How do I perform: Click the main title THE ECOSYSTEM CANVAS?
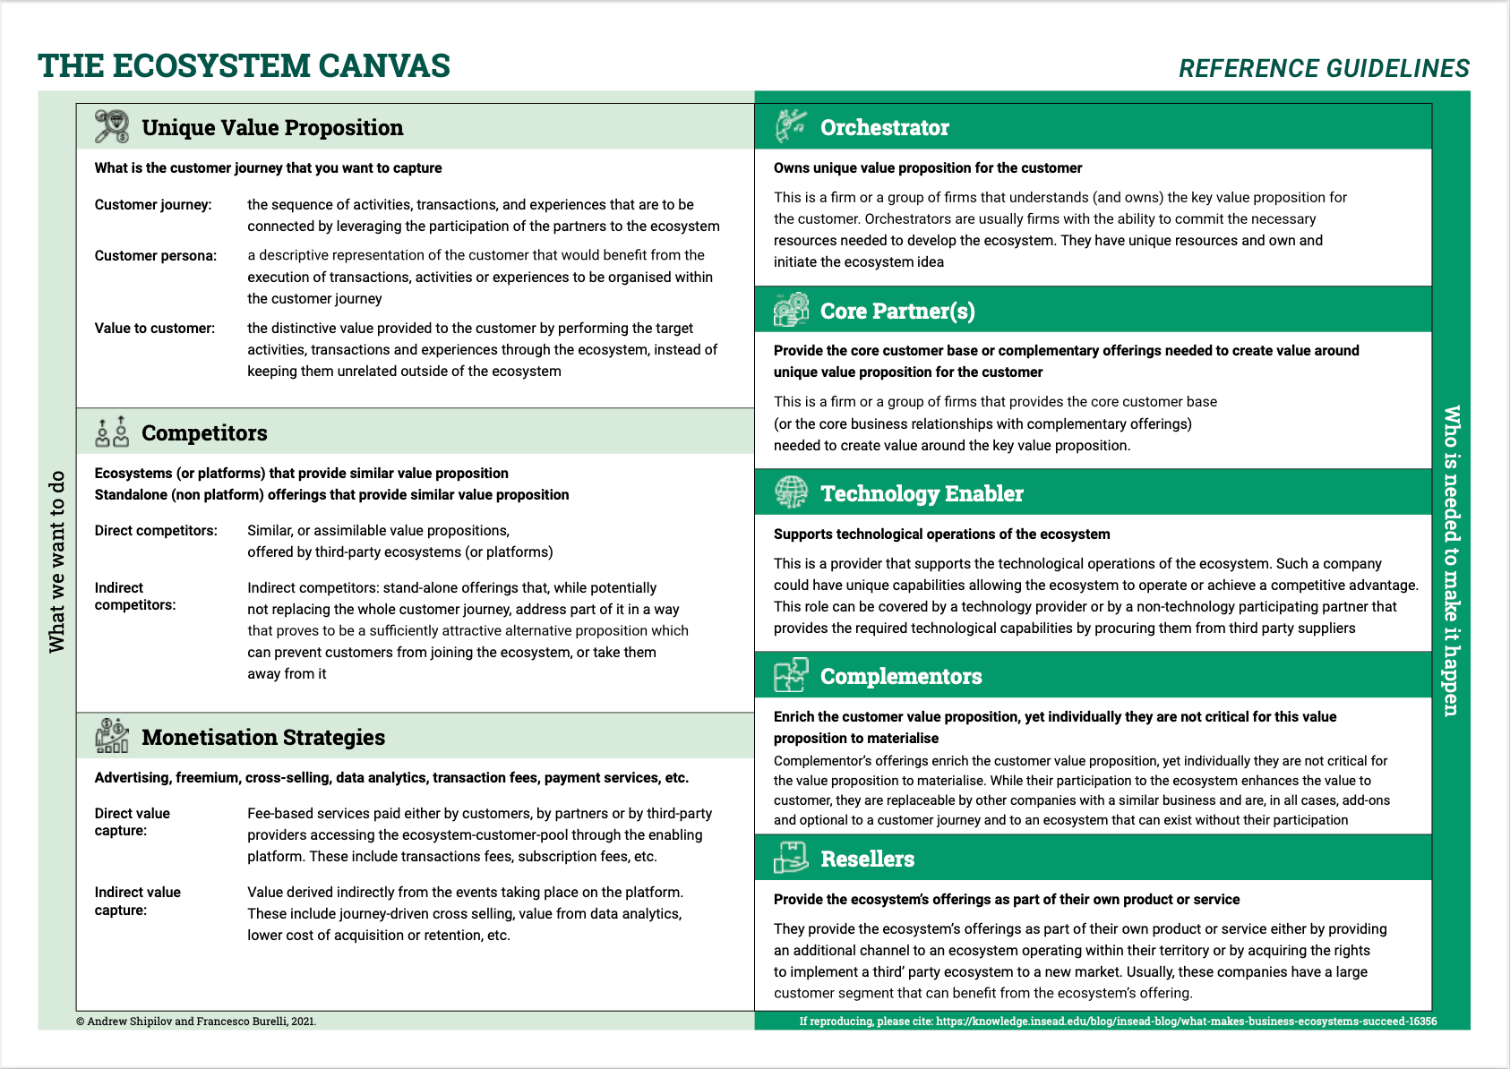click(x=244, y=66)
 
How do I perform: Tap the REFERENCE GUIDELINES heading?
click(x=1324, y=69)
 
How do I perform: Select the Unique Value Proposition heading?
click(x=272, y=128)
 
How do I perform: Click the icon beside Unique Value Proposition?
click(x=112, y=127)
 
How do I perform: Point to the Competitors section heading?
click(x=204, y=433)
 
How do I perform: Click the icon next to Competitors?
click(x=112, y=432)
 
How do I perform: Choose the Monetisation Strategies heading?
click(x=263, y=738)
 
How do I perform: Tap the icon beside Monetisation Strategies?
click(x=112, y=736)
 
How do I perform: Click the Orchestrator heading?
click(x=884, y=128)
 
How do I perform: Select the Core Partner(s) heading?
click(x=897, y=312)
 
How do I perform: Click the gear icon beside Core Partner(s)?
click(x=791, y=310)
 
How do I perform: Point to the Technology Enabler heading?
click(x=922, y=494)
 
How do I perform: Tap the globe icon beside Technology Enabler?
click(x=791, y=492)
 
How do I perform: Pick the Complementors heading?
click(x=901, y=677)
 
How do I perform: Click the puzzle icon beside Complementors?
click(x=791, y=676)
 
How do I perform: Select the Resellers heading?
click(x=867, y=859)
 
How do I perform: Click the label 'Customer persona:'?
click(x=156, y=256)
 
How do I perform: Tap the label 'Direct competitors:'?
click(x=156, y=531)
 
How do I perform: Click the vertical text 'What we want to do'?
click(x=57, y=561)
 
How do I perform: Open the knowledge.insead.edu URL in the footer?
click(x=1186, y=1022)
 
